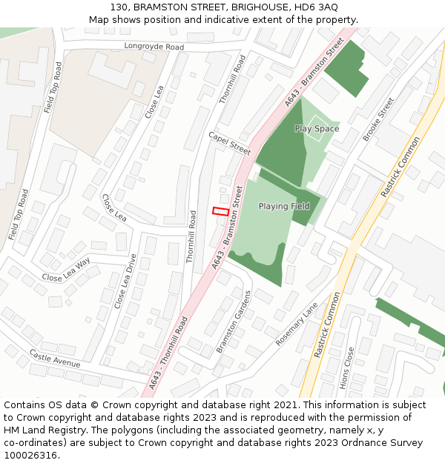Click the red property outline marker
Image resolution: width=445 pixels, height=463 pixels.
pos(220,211)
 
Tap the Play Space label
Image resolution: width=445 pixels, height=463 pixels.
pos(317,129)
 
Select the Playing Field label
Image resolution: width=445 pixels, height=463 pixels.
pos(284,206)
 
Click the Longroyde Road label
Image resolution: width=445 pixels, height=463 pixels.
pos(154,47)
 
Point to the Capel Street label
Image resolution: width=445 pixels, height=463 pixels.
pos(229,143)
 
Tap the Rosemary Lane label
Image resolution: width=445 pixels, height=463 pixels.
pos(297,324)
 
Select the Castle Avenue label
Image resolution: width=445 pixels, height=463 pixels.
pos(54,359)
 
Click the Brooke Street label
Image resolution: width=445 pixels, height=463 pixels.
pos(378,119)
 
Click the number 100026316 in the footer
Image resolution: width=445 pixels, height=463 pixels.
pos(30,456)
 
